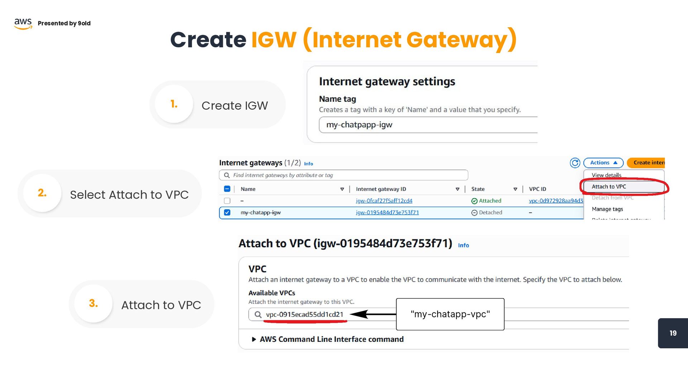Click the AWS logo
23,23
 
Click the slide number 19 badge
673,333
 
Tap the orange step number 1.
174,104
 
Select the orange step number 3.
93,304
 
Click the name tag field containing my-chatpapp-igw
426,125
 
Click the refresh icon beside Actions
575,163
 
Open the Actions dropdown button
603,163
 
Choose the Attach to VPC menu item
609,187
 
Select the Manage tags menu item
607,209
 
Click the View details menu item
606,175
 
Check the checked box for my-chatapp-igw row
227,212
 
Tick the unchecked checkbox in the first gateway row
227,201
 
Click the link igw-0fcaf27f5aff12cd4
384,201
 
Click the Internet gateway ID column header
381,189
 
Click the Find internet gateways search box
343,175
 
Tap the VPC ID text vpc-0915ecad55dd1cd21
305,315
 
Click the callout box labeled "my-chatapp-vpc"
450,314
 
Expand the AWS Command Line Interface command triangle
254,339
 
